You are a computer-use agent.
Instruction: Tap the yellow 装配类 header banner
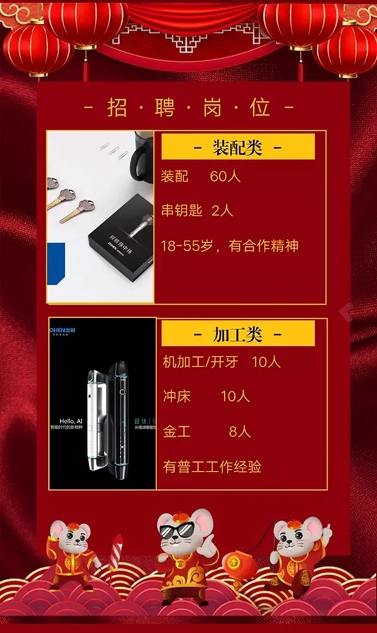pos(238,148)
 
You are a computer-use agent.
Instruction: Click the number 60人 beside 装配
pos(226,177)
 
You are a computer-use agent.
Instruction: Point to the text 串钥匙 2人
pos(197,211)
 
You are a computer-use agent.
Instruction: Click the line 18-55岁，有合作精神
pos(229,246)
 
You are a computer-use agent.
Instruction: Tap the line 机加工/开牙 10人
pos(221,363)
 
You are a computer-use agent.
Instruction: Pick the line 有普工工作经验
pos(211,466)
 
